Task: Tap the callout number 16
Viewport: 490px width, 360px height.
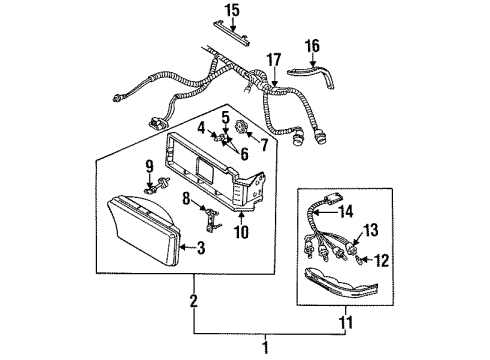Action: coord(313,46)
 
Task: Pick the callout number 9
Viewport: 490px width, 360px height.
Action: coord(151,166)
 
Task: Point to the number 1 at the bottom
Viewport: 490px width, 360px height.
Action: coord(265,346)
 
